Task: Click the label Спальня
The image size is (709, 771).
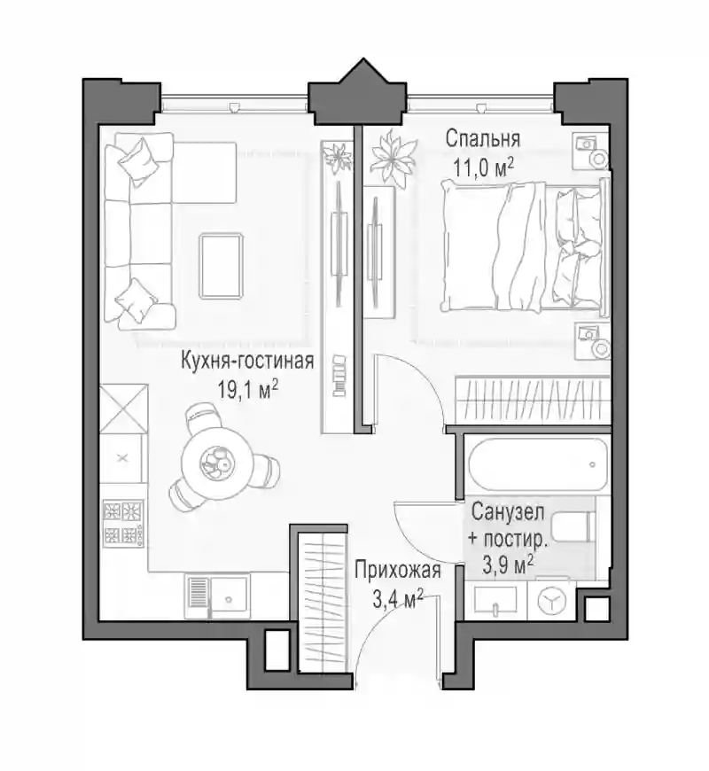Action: (x=482, y=139)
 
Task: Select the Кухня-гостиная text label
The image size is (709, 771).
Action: (x=247, y=361)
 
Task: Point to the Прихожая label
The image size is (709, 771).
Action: (x=398, y=571)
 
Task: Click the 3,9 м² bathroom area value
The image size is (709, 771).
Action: (x=508, y=565)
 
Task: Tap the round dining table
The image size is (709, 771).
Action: (x=217, y=463)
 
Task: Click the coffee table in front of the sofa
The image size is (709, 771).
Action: (x=222, y=266)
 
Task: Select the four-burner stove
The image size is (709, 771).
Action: (x=123, y=523)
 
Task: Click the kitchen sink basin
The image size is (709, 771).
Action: (x=230, y=597)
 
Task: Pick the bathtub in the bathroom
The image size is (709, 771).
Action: (x=536, y=464)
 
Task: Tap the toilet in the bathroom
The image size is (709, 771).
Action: (x=572, y=527)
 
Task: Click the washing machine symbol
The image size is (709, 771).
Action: (x=551, y=600)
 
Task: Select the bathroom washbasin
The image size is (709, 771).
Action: (x=495, y=600)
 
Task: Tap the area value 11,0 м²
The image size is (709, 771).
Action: (x=484, y=168)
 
